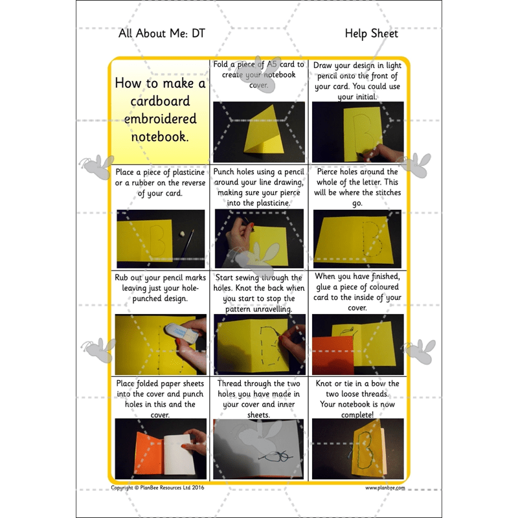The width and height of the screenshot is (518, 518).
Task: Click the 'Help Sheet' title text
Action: point(371,34)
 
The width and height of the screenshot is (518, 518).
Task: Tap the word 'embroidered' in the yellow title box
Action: point(160,119)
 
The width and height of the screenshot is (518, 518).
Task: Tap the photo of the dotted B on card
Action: point(357,238)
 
